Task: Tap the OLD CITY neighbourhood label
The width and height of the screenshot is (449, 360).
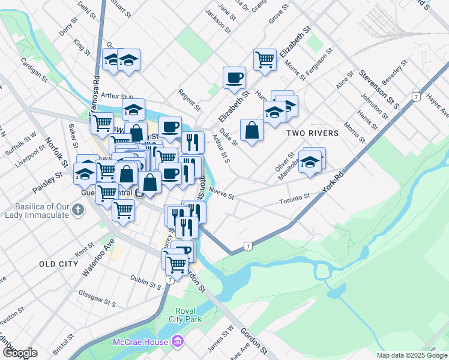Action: point(59,264)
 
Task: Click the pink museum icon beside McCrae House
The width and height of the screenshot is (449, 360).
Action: point(177,341)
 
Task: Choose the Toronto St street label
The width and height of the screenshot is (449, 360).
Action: point(294,197)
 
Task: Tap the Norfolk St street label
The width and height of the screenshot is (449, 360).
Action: point(56,153)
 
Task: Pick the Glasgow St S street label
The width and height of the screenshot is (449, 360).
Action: point(97,298)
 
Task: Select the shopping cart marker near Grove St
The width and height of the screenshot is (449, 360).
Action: point(265,59)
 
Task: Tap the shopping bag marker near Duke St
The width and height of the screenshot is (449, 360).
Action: point(252,130)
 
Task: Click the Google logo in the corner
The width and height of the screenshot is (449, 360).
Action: point(20,353)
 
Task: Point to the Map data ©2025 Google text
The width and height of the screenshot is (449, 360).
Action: point(411,355)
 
